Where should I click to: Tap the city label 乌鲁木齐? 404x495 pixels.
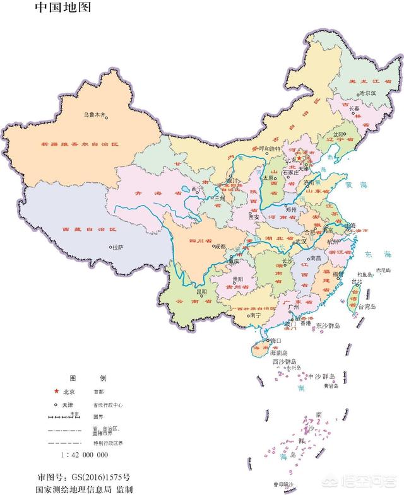[96, 115]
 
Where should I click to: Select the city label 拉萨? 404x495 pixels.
[117, 248]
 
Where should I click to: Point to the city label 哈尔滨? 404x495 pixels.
[367, 93]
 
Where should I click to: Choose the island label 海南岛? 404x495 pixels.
[278, 353]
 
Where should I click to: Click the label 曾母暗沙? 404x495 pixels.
[283, 484]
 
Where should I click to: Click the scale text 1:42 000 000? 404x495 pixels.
[85, 455]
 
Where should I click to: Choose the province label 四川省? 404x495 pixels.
[199, 241]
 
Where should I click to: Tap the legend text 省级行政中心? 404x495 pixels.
[111, 405]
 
